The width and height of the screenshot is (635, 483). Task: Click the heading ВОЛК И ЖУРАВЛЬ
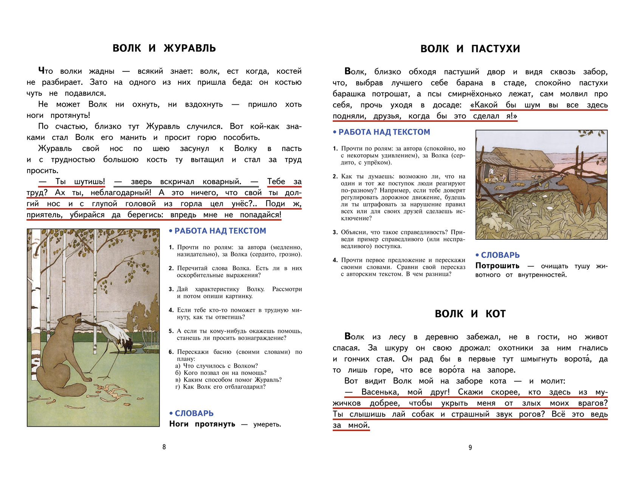tap(164, 48)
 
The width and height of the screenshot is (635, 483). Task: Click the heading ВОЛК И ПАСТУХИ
tap(470, 49)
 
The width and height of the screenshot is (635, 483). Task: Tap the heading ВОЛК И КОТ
tap(470, 314)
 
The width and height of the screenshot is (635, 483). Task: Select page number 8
tap(164, 447)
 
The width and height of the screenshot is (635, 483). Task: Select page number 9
tap(470, 447)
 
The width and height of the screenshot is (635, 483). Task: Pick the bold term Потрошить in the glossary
tap(497, 266)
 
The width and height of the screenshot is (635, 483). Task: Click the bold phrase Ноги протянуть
tap(202, 424)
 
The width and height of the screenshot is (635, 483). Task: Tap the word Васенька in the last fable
tap(380, 392)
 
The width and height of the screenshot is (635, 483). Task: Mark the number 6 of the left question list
tap(171, 352)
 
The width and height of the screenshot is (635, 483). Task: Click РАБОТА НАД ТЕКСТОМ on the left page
tap(220, 231)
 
